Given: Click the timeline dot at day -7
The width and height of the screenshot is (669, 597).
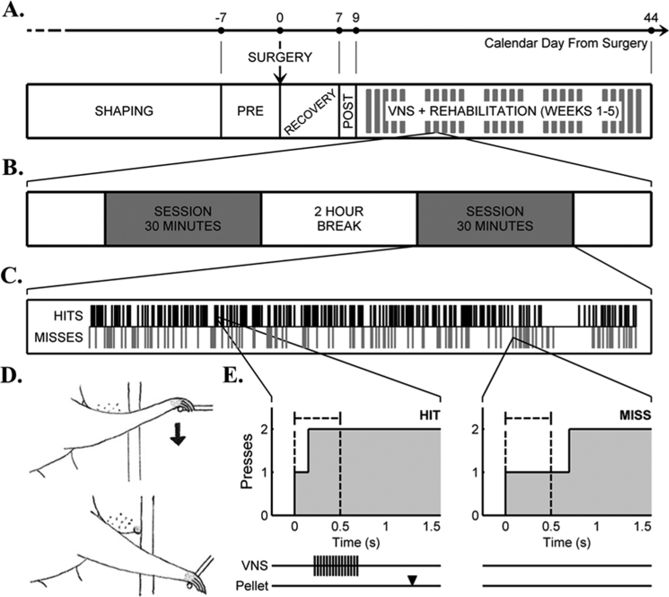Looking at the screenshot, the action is (x=221, y=31).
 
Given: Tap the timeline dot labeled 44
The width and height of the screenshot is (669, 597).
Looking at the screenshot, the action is (x=651, y=31).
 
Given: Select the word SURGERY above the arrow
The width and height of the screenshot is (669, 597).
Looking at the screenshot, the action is (x=280, y=57).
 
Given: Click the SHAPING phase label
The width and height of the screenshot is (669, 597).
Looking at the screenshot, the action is (x=124, y=111).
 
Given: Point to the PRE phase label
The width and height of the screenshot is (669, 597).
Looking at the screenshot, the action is (x=250, y=111).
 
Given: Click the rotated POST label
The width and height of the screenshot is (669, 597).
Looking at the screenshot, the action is (x=348, y=111).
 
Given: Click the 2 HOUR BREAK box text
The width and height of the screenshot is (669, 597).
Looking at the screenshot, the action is (x=339, y=218).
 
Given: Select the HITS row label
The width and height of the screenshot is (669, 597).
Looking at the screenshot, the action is (x=68, y=316).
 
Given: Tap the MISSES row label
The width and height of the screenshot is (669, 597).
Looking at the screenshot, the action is (x=58, y=337).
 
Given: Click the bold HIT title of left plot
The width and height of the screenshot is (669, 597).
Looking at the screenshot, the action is (x=430, y=415).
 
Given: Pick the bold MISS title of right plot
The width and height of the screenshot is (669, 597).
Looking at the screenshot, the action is (x=635, y=415).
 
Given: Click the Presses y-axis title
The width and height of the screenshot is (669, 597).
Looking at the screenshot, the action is (x=247, y=461).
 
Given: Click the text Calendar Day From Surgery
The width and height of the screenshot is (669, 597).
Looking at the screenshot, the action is (x=566, y=43).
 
